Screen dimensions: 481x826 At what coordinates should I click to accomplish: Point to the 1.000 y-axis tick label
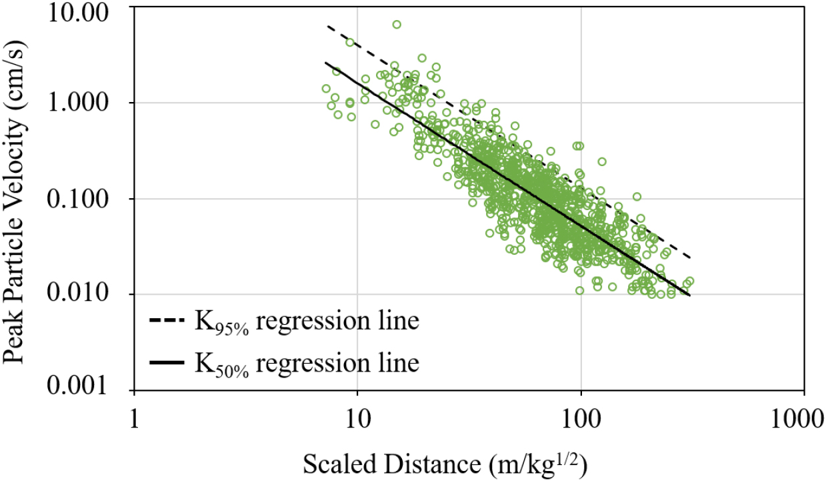[87, 103]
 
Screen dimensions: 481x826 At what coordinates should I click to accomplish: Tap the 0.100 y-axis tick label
[87, 199]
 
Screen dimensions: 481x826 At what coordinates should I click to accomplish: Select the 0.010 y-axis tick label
[87, 295]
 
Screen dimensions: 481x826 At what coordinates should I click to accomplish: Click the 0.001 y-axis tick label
[87, 390]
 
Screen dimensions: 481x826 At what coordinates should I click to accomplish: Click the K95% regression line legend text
[307, 323]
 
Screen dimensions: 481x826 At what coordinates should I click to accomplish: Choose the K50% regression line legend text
[307, 364]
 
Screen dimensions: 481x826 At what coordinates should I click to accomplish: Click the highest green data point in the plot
[397, 25]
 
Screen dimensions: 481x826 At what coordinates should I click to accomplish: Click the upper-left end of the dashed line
[327, 27]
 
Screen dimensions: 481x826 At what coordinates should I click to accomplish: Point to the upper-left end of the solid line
[326, 63]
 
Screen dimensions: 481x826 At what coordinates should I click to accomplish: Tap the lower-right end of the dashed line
[689, 258]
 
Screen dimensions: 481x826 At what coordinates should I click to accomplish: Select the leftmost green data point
[326, 89]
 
